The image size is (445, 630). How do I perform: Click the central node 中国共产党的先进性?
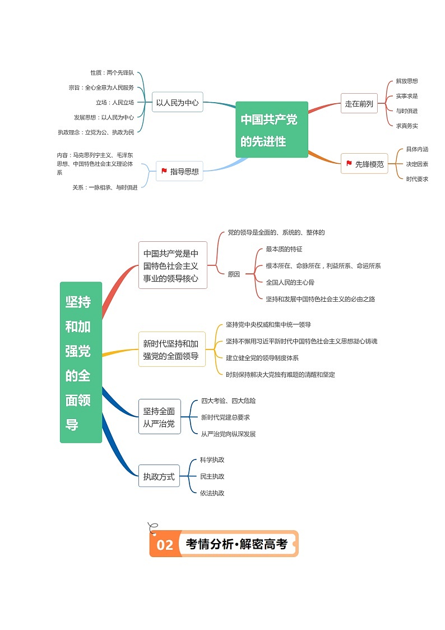click(x=272, y=130)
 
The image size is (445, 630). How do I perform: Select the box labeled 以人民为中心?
click(x=177, y=103)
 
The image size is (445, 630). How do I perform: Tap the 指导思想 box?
click(x=179, y=171)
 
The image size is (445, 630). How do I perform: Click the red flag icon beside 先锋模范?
click(x=349, y=164)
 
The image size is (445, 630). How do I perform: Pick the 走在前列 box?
click(x=359, y=103)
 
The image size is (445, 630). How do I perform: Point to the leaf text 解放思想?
click(x=407, y=81)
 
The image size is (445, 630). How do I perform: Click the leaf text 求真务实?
click(x=407, y=126)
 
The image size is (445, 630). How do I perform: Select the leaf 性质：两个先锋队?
click(x=112, y=73)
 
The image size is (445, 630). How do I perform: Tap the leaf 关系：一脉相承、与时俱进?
click(x=105, y=187)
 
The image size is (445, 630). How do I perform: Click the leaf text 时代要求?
click(x=417, y=179)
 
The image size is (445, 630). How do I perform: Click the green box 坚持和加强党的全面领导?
click(x=81, y=362)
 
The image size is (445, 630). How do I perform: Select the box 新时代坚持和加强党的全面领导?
click(x=171, y=349)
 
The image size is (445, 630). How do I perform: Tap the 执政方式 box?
click(x=159, y=477)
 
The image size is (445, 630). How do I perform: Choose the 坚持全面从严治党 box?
click(x=159, y=417)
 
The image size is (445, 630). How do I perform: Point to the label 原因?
click(x=234, y=274)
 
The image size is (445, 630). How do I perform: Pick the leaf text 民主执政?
click(x=212, y=476)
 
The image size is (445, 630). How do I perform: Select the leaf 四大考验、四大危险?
click(x=229, y=401)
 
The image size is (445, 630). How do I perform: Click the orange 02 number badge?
click(x=165, y=545)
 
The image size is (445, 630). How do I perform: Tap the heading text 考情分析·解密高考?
click(x=236, y=544)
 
